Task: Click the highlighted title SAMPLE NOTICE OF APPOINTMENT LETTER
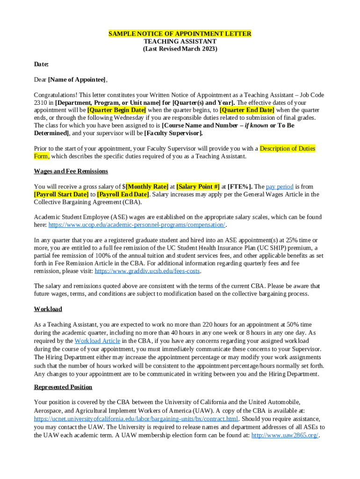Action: (180, 34)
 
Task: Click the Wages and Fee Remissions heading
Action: (71, 171)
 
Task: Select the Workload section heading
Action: (48, 309)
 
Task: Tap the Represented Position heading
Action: (63, 387)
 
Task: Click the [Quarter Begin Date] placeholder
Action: (117, 110)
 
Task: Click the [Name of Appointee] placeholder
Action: (77, 80)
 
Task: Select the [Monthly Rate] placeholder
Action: (147, 186)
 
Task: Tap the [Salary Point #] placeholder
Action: (198, 186)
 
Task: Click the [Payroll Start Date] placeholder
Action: (61, 194)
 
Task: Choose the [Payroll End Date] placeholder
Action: (123, 194)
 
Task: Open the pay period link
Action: (280, 186)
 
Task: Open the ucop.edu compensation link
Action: (137, 225)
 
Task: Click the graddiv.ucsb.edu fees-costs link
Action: (147, 271)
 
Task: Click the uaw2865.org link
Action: (285, 435)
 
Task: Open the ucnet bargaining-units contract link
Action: (136, 418)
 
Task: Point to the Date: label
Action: (41, 64)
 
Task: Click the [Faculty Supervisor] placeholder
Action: (173, 133)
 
